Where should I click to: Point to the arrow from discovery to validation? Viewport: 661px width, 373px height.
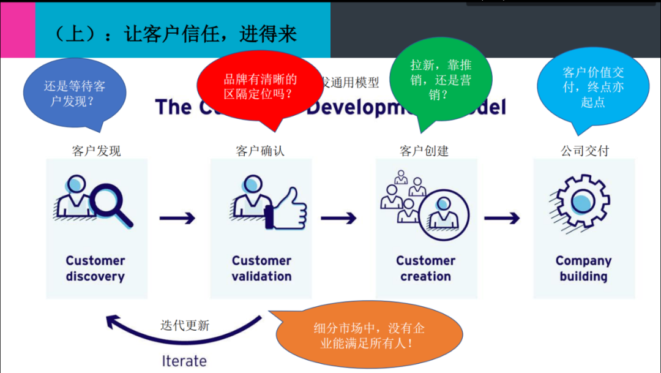(177, 218)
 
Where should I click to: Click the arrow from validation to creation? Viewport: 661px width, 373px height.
(338, 218)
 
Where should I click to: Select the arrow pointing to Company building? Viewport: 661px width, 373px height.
(502, 218)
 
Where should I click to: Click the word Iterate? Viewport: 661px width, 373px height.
(184, 361)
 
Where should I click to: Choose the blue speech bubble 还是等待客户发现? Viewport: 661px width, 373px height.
(74, 94)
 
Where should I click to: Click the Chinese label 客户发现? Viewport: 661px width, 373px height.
(96, 151)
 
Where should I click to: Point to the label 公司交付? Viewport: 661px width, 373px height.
(584, 151)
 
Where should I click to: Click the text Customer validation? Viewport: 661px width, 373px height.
(261, 268)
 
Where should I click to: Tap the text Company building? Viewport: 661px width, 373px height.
(583, 268)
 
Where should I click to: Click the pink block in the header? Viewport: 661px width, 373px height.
(17, 29)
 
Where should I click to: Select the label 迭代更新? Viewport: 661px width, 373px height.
(185, 325)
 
